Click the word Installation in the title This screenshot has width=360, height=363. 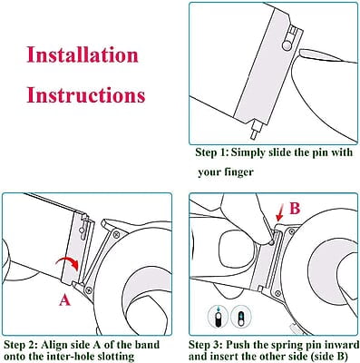83,54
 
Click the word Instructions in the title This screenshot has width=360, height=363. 86,94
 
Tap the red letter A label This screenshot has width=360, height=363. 64,300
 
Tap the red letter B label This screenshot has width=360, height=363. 295,208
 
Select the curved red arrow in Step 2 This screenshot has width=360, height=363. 69,260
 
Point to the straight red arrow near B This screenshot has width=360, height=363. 280,215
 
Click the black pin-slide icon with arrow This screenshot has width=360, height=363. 218,317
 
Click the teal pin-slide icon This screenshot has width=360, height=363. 241,317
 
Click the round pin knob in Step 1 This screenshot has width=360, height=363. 287,45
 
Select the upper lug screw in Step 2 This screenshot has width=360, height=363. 116,234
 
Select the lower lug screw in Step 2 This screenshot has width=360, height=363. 89,290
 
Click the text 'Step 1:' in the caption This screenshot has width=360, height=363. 211,152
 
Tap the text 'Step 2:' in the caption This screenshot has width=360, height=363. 21,345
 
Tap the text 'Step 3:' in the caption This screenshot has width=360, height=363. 206,345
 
